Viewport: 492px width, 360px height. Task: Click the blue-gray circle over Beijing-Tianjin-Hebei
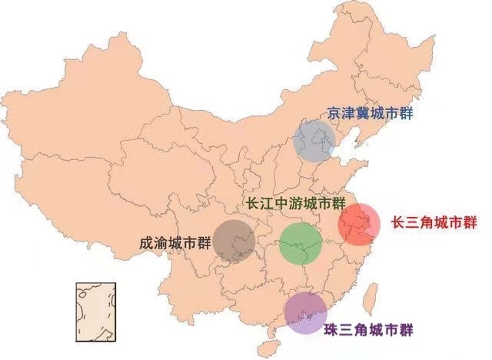[x=315, y=140]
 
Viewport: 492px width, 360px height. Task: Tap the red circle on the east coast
[x=360, y=224]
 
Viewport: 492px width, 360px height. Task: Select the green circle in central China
[x=301, y=243]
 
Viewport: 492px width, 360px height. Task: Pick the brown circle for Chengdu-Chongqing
[x=234, y=241]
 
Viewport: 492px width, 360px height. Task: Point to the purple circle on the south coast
[x=305, y=313]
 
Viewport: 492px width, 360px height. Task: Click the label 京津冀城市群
[x=370, y=113]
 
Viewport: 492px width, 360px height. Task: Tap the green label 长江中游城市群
[x=293, y=205]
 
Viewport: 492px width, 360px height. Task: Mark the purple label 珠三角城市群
[x=368, y=331]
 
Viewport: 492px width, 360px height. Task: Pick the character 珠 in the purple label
[x=331, y=331]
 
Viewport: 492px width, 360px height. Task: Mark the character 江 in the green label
[x=265, y=205]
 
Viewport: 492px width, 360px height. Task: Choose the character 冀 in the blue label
[x=363, y=113]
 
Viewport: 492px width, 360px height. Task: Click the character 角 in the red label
[x=429, y=223]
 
